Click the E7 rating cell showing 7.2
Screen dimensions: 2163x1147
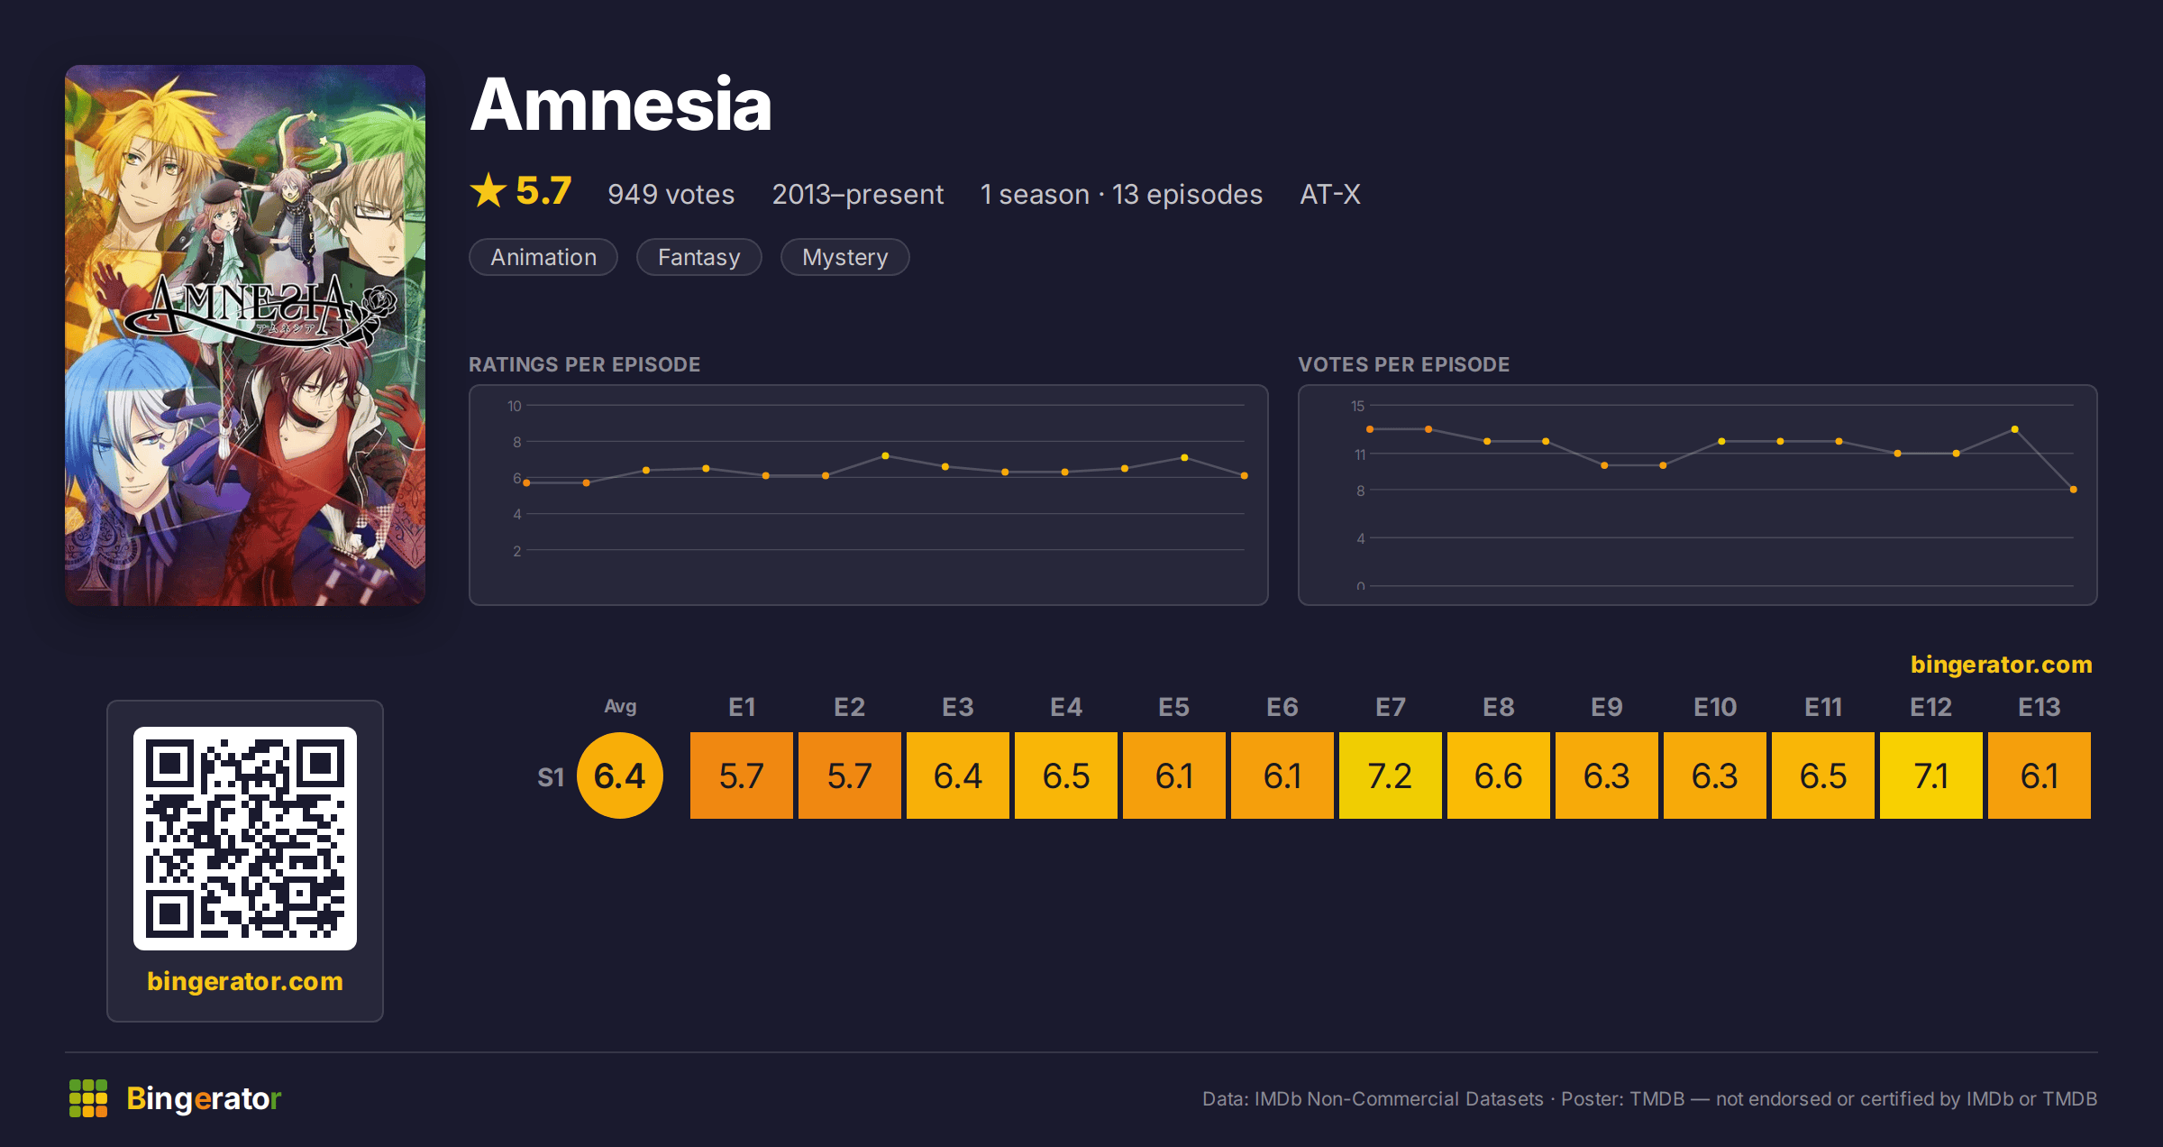click(1390, 775)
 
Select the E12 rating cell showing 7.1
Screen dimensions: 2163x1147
click(1930, 775)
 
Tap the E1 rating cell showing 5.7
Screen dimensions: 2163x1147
click(741, 775)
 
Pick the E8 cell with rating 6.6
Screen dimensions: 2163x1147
click(1498, 775)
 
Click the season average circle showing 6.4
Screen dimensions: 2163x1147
click(620, 775)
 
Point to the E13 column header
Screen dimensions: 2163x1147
click(2039, 707)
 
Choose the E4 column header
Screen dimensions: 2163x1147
click(1065, 707)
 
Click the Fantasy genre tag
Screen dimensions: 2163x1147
click(699, 257)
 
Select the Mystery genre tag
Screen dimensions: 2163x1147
click(844, 257)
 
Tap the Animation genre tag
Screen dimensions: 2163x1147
click(543, 257)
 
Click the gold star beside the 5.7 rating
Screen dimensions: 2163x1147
click(488, 190)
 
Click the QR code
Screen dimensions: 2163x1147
click(245, 839)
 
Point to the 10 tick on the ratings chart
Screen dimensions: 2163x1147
click(515, 406)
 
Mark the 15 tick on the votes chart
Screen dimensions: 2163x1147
click(1357, 406)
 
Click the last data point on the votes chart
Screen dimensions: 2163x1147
click(2074, 490)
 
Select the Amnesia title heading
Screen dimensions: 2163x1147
click(621, 105)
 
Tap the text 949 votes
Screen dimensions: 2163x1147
click(671, 194)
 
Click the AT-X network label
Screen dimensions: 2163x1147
click(1330, 194)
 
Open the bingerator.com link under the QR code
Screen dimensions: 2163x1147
click(245, 981)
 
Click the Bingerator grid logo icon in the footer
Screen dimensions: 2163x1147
click(88, 1098)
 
